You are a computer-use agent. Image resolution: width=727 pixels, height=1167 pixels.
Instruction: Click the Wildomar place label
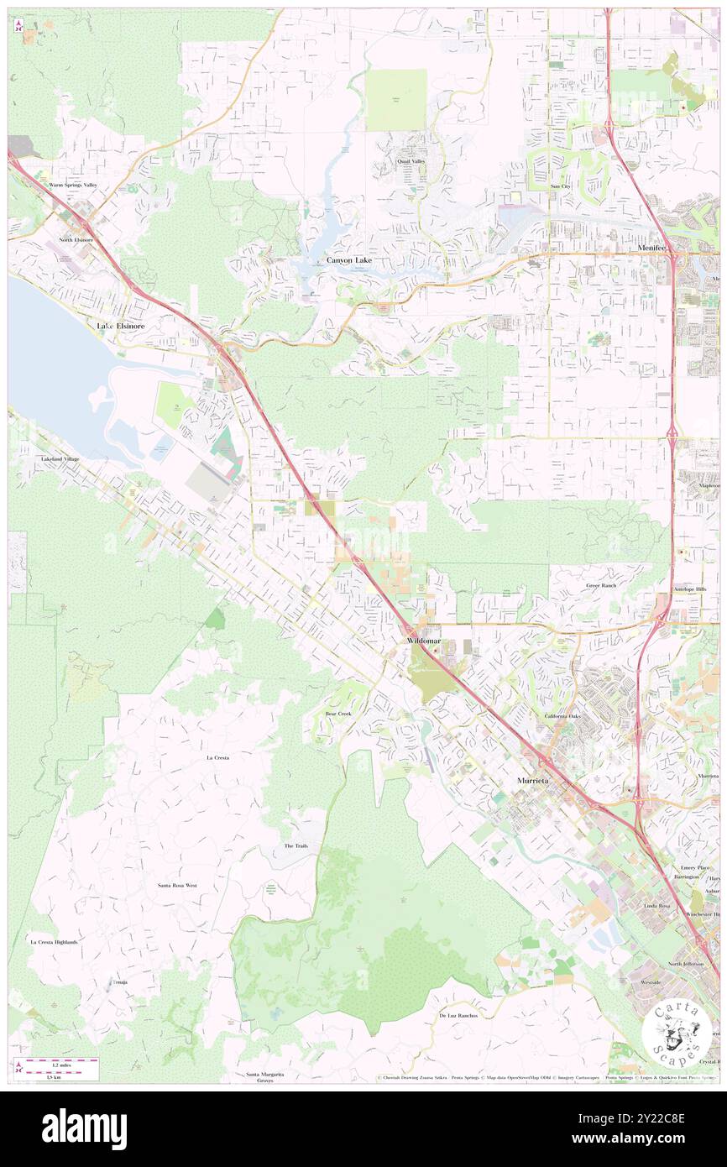pyautogui.click(x=423, y=641)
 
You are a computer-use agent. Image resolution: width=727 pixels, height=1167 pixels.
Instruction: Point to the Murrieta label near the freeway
pyautogui.click(x=531, y=781)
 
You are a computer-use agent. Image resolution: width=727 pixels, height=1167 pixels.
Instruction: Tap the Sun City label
pyautogui.click(x=560, y=186)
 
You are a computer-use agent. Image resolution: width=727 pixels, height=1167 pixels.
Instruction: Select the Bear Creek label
pyautogui.click(x=338, y=714)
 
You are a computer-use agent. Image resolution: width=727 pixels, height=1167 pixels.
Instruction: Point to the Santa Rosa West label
pyautogui.click(x=178, y=886)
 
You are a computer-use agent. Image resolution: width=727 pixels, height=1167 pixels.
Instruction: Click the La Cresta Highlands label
pyautogui.click(x=54, y=942)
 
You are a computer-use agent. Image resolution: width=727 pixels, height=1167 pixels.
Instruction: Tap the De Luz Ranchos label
pyautogui.click(x=458, y=1015)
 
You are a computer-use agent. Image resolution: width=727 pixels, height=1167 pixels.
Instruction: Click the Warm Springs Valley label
pyautogui.click(x=73, y=185)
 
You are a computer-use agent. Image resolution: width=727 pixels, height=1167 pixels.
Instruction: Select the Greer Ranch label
pyautogui.click(x=601, y=585)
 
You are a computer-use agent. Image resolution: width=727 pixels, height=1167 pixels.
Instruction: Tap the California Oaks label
pyautogui.click(x=562, y=716)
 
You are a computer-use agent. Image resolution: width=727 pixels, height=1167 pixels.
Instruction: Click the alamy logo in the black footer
pyautogui.click(x=84, y=1128)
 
